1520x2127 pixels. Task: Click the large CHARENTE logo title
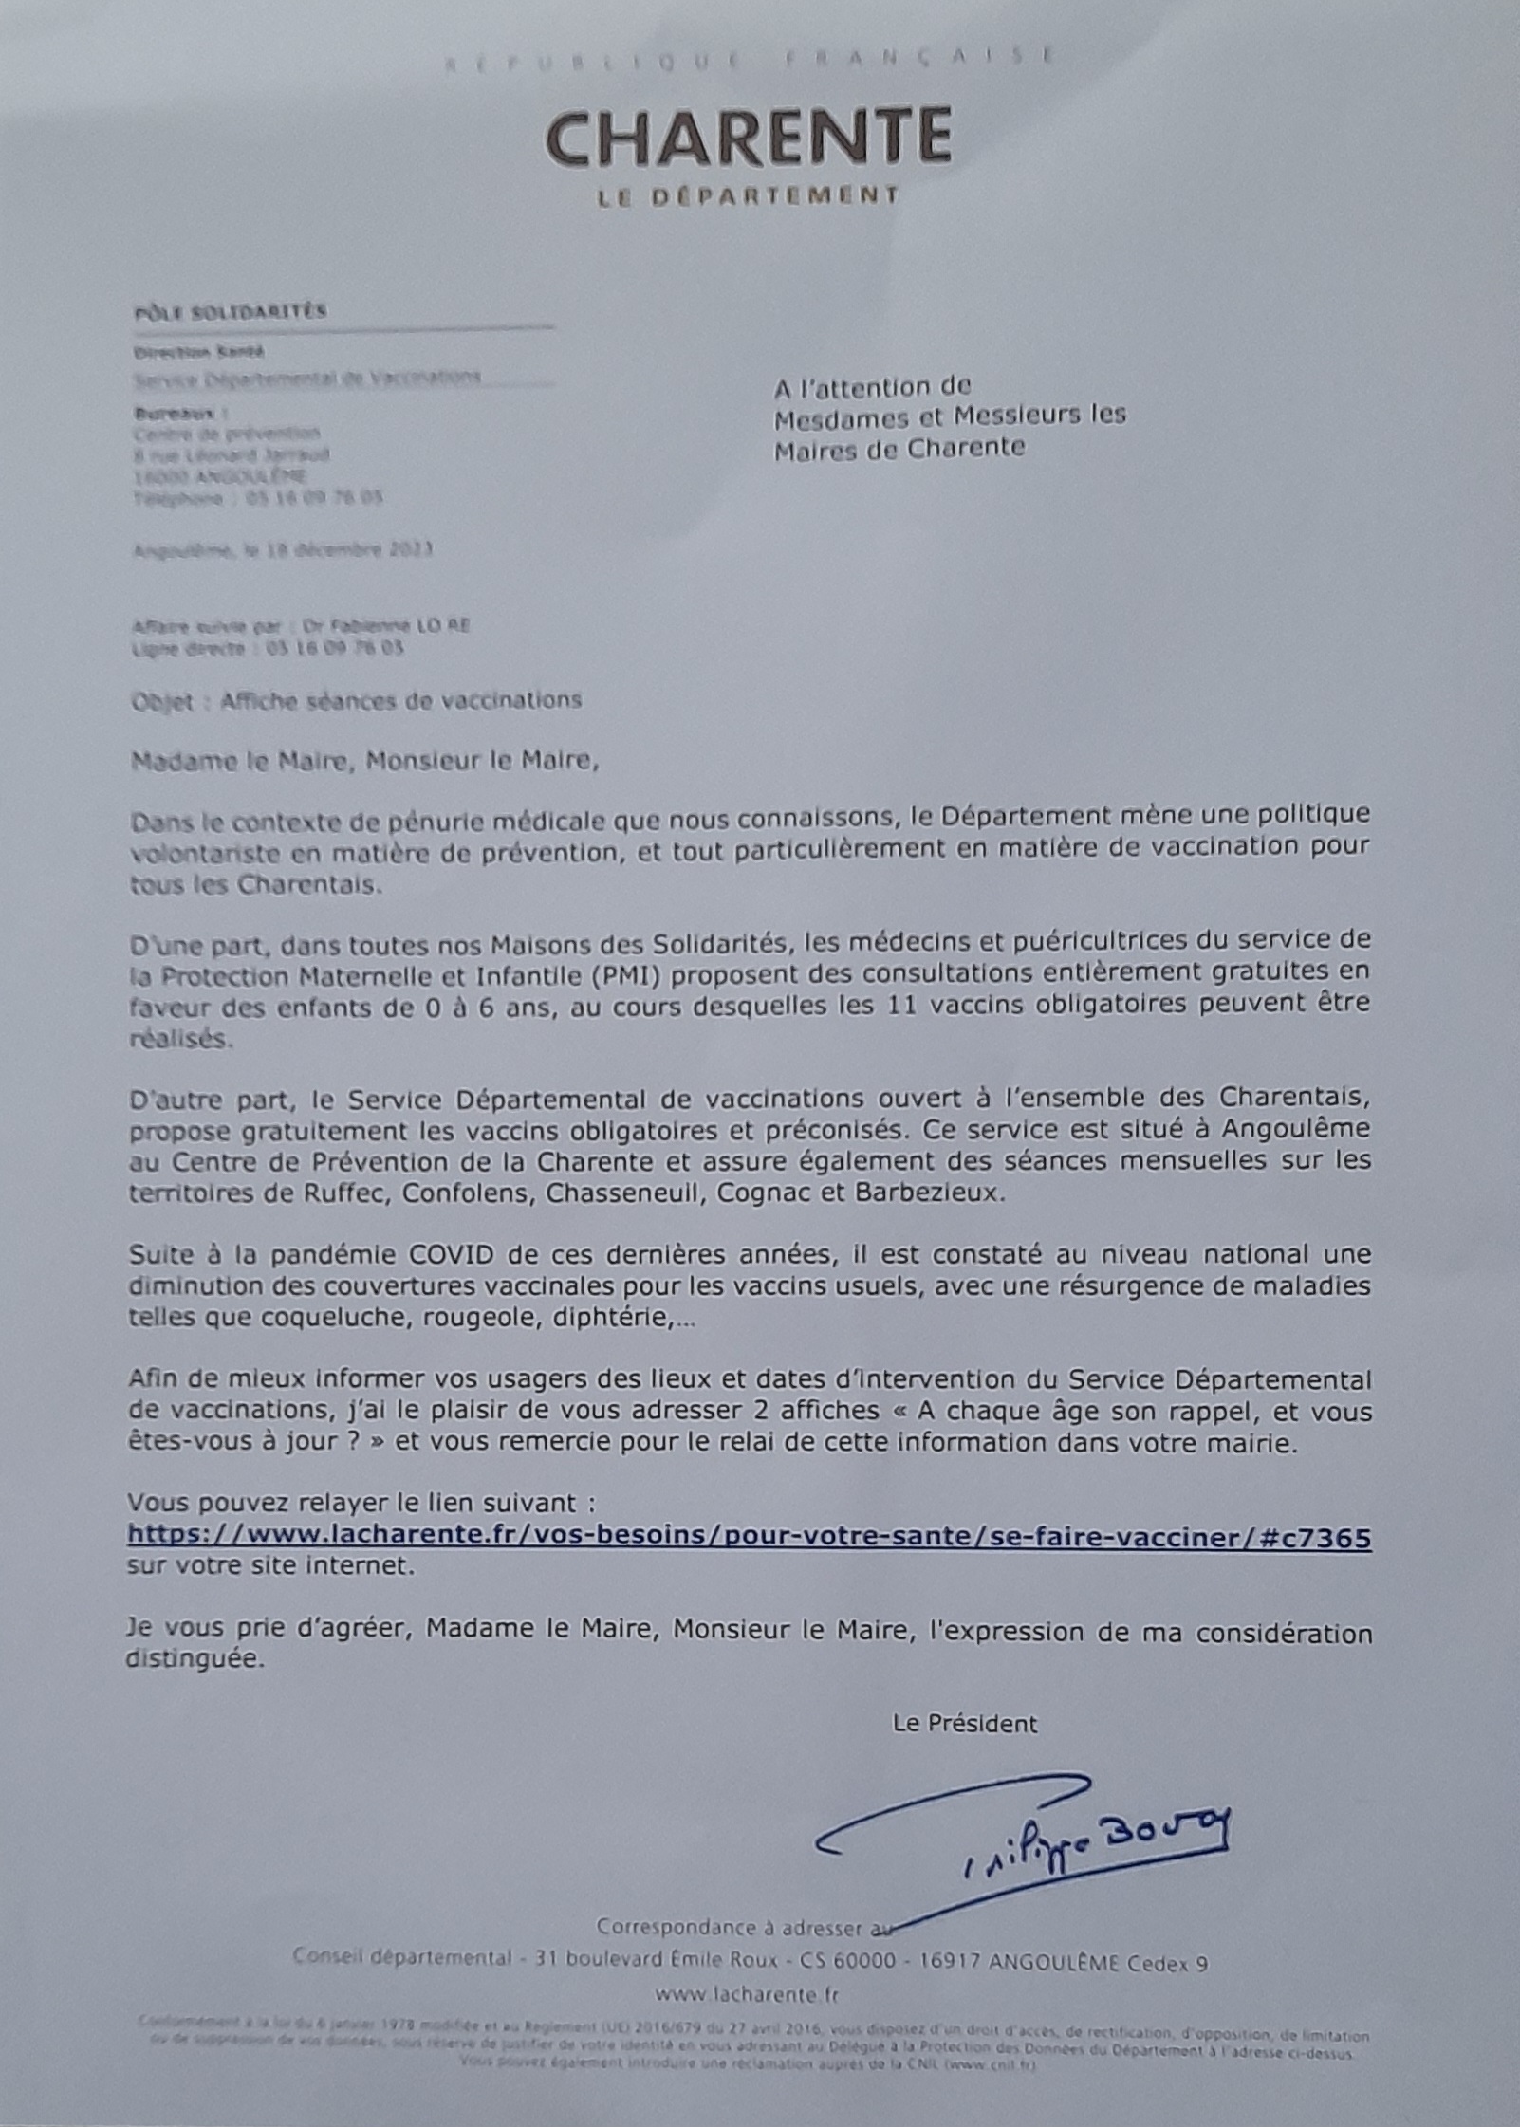(749, 138)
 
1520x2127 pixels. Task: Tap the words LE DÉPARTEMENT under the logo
(748, 196)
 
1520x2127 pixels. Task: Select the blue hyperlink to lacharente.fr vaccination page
(750, 1537)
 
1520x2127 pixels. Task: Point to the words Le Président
(965, 1724)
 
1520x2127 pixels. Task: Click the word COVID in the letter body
(452, 1255)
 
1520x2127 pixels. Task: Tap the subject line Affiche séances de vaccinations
(400, 701)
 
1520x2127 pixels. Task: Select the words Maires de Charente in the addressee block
(899, 448)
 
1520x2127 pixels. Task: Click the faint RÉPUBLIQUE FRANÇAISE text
(749, 59)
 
